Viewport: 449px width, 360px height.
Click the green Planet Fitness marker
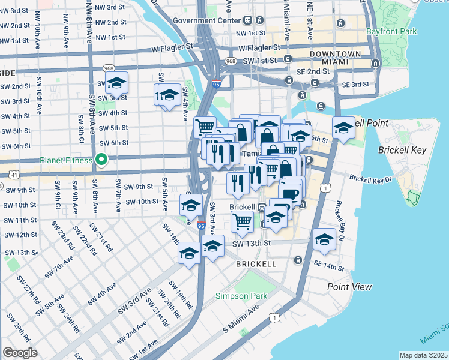point(101,160)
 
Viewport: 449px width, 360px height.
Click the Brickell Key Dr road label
point(370,179)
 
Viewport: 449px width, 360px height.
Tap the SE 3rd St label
point(354,85)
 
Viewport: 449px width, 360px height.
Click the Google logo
point(20,352)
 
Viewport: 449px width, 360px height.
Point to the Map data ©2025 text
point(423,355)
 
